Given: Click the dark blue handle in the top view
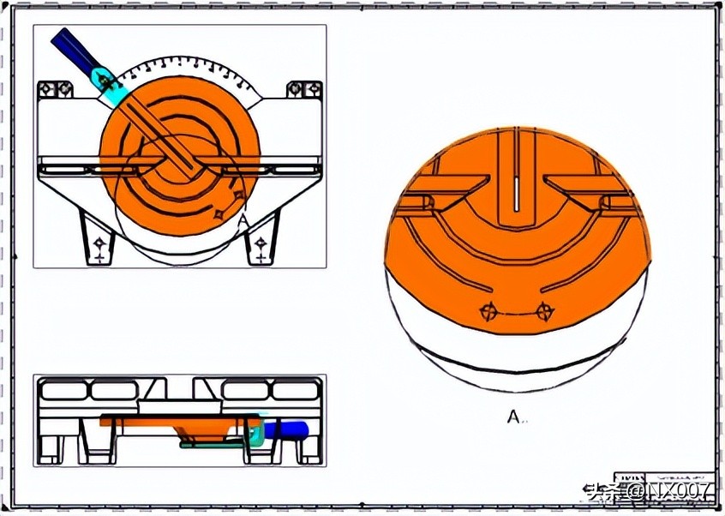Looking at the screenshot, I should [x=70, y=46].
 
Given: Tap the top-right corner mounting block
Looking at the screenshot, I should [x=304, y=88].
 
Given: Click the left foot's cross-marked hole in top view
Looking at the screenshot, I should [x=99, y=244].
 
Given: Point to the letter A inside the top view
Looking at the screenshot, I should [x=243, y=221].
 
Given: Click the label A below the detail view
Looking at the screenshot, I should [x=513, y=417].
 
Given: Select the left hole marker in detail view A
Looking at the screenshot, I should [x=488, y=311].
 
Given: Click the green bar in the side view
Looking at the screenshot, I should [x=214, y=444].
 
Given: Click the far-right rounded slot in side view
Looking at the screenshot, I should [x=295, y=392].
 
